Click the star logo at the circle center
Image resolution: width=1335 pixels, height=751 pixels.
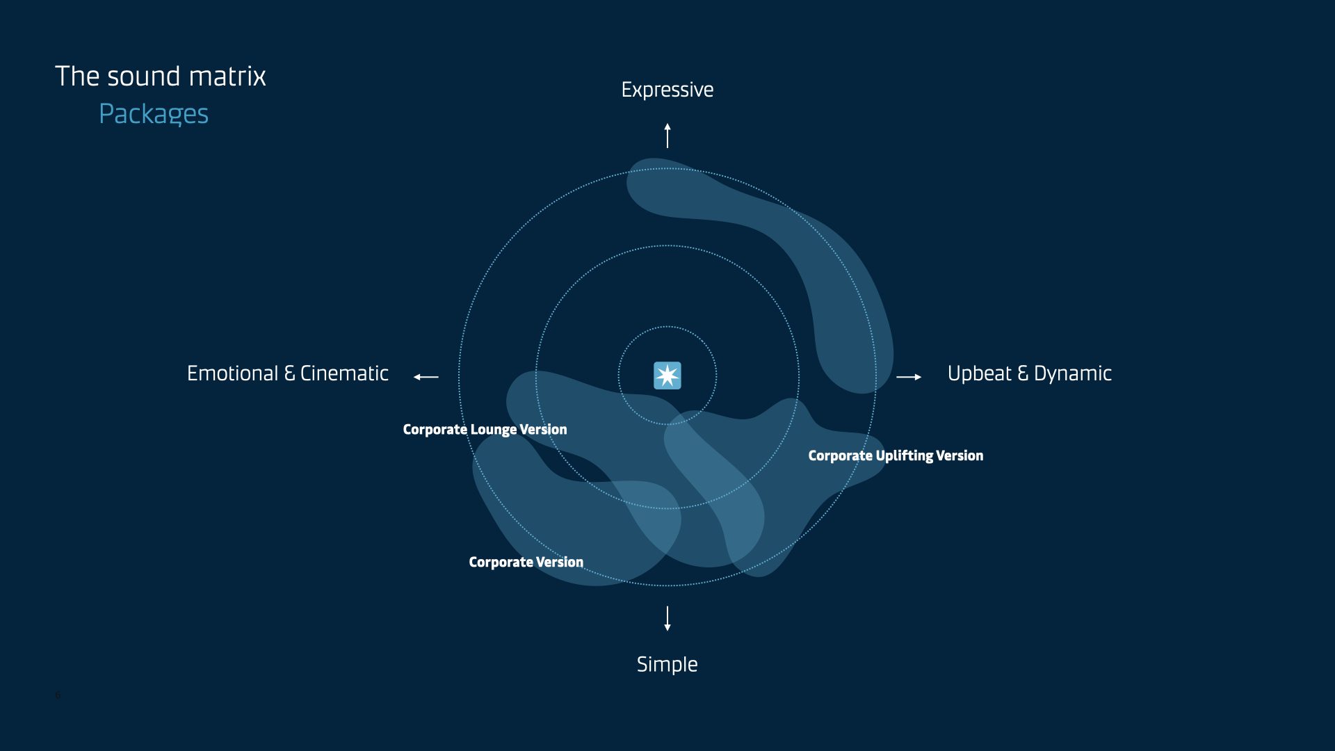point(667,375)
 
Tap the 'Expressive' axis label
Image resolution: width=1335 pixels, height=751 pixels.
point(667,90)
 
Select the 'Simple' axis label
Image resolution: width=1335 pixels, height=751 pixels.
point(667,664)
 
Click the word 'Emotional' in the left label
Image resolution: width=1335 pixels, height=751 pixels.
point(232,373)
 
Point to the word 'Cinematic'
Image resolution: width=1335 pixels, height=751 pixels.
point(344,373)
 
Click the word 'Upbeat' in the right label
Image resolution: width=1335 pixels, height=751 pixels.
point(980,373)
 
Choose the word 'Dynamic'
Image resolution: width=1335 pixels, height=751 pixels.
point(1073,373)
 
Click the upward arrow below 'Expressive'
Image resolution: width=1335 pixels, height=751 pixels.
point(667,136)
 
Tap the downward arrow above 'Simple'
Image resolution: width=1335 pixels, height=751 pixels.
point(667,618)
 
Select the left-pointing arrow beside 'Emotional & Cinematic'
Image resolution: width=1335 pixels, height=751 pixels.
point(426,377)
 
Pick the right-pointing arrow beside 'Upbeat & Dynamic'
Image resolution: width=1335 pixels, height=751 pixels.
point(909,377)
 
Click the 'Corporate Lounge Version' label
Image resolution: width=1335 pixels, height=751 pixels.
point(485,430)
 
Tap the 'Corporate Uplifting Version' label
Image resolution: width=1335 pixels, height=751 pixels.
point(896,455)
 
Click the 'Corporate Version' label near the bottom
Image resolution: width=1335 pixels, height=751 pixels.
point(526,562)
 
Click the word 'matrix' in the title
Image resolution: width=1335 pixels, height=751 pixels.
point(227,76)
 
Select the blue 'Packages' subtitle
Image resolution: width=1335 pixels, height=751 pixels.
point(154,114)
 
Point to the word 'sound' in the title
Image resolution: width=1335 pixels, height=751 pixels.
point(144,76)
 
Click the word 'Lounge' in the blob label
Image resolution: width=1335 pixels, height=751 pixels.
point(493,430)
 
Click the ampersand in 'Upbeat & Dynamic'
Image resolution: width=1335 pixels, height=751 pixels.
point(1023,373)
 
